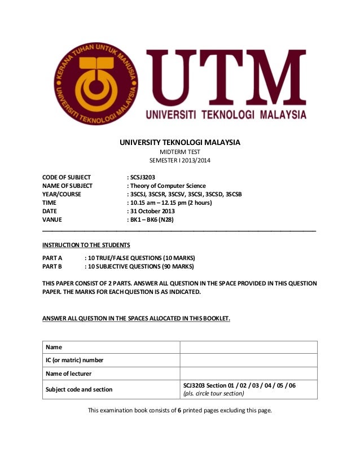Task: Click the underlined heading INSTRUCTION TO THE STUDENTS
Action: pos(86,245)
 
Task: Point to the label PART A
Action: pos(52,257)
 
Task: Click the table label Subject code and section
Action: pos(79,389)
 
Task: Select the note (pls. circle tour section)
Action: pos(217,394)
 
